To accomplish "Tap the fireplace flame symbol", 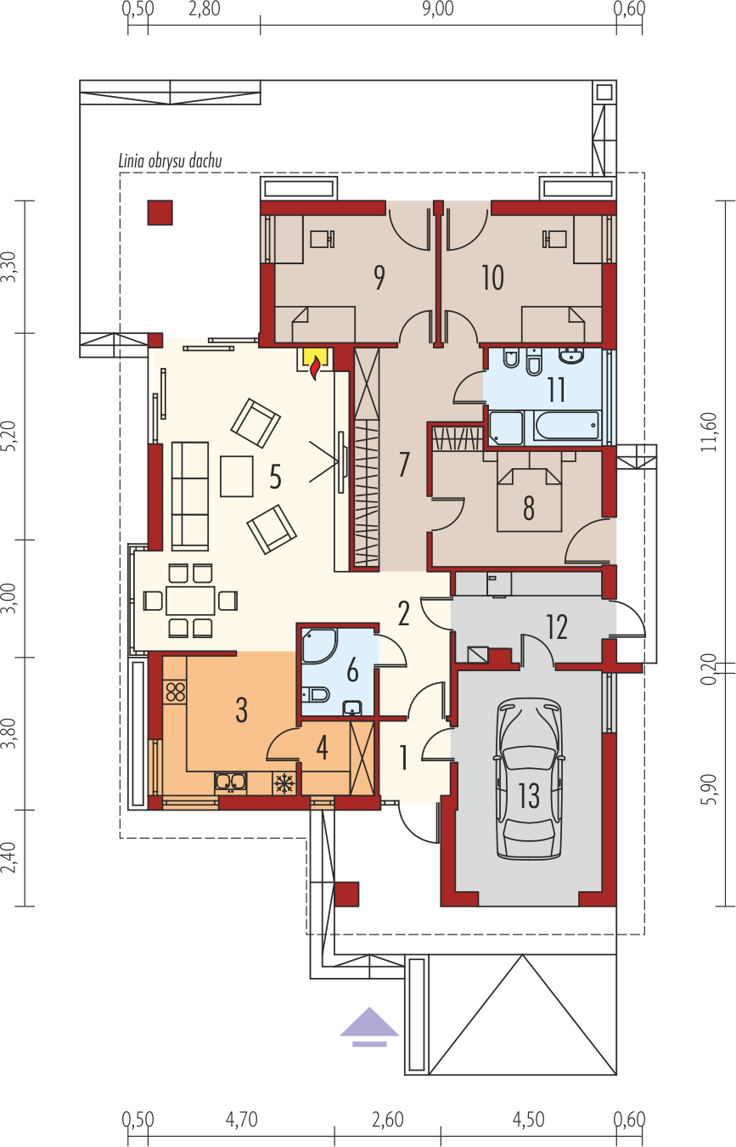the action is (316, 367).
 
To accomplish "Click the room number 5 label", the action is (275, 476).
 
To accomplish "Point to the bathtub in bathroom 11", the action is (566, 426).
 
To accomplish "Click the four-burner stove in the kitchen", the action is (175, 692).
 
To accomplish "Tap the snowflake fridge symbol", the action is (284, 783).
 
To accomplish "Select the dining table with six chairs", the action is (190, 601).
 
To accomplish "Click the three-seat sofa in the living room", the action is (190, 495).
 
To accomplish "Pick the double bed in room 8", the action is (530, 500).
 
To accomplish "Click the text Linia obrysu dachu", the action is (171, 161).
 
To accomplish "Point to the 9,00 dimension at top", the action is (438, 9).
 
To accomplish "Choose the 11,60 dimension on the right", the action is (710, 432).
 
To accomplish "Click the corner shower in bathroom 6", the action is (319, 645).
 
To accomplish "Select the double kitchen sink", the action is (230, 783).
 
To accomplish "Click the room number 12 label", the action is (557, 626).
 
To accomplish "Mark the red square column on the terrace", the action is (160, 212).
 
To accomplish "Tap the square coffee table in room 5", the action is (237, 476).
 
